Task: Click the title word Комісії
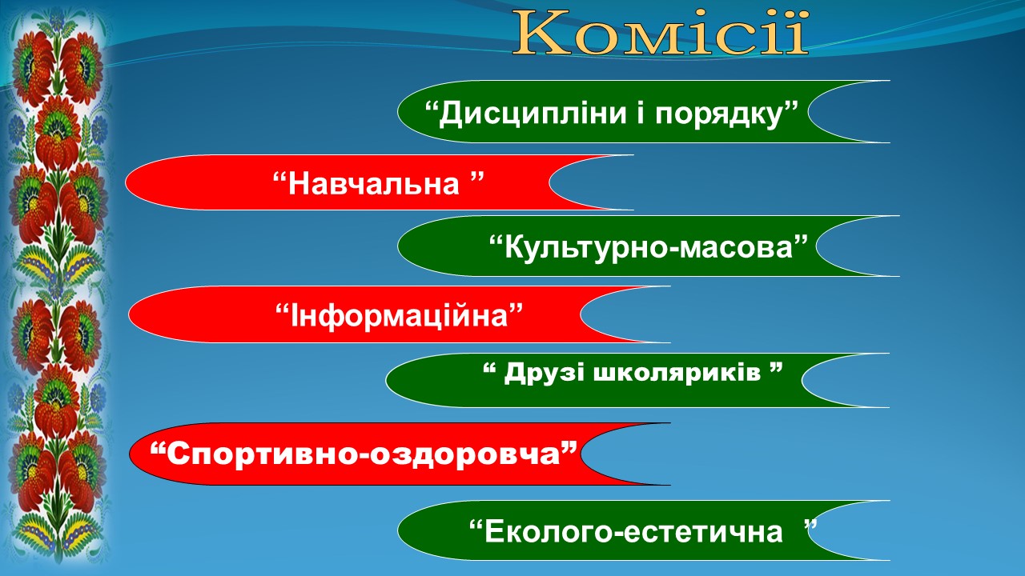(660, 33)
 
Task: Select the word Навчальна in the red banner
(373, 183)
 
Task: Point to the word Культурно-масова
(649, 248)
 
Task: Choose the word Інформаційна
(400, 315)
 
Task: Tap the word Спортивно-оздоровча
(364, 454)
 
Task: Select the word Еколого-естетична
(633, 532)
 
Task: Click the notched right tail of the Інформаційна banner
(622, 335)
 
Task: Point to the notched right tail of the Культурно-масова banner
(856, 270)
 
